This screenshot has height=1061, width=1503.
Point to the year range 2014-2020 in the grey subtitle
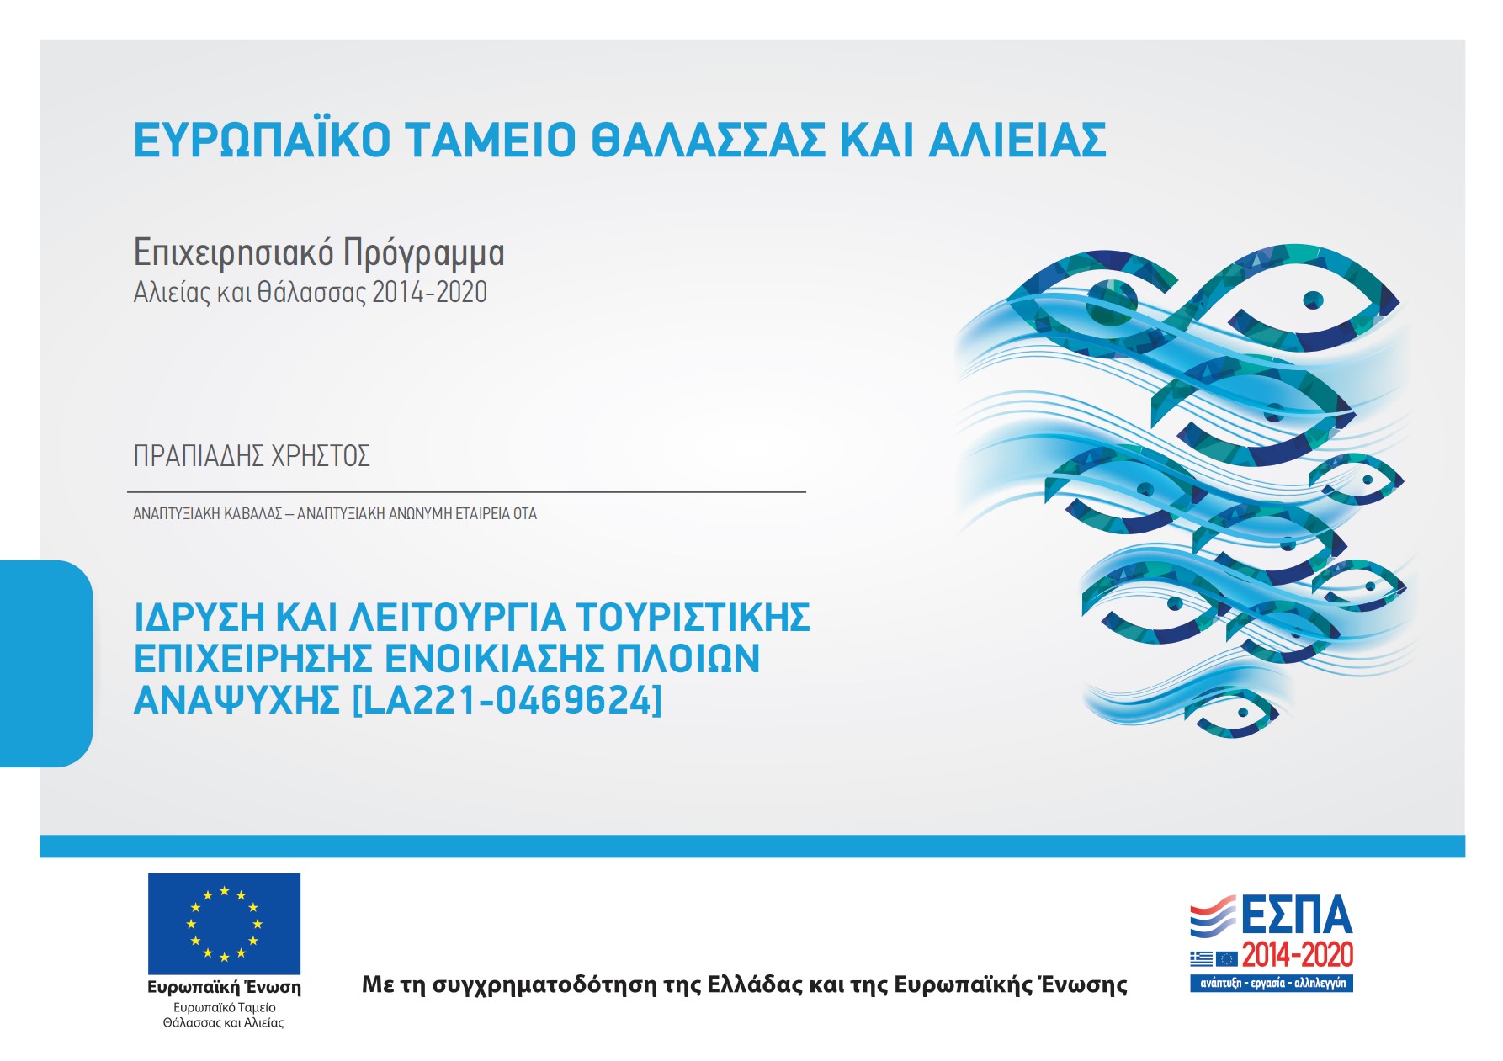coord(430,292)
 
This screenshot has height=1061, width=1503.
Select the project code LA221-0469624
coord(507,700)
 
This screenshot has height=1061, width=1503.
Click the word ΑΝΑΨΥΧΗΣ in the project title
coord(236,700)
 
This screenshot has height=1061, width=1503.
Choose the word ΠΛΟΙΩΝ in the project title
coord(688,659)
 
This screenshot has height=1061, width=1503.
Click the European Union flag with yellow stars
coord(224,924)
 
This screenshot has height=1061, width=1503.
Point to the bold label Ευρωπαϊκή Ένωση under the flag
coord(224,987)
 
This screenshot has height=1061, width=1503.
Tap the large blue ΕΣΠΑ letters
coord(1296,915)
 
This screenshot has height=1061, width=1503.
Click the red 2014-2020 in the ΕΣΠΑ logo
coord(1298,955)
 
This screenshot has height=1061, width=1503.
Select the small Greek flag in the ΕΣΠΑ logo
coord(1202,958)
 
